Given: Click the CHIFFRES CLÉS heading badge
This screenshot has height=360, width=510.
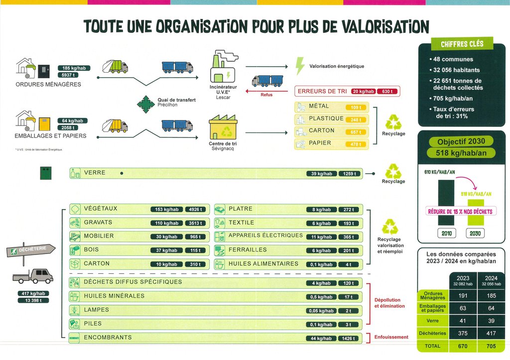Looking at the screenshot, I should [x=462, y=44].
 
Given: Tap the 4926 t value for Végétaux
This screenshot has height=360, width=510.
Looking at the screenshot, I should [x=195, y=210].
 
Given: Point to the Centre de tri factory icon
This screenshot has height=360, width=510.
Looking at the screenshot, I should [x=223, y=127].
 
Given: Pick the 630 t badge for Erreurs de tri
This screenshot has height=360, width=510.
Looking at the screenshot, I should [x=387, y=92].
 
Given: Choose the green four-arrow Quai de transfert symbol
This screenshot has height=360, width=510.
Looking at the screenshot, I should [x=146, y=103].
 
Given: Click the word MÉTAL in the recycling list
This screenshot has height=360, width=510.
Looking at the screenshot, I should [x=319, y=107].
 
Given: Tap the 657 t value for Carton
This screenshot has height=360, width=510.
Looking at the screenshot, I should [x=356, y=132].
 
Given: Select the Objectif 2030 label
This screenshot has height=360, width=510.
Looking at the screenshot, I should [x=461, y=141].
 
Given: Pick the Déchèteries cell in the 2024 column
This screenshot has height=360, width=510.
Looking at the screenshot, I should [x=491, y=333].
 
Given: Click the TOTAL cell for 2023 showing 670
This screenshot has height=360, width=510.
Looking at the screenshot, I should [x=463, y=346].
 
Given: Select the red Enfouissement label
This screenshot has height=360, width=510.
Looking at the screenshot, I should [x=391, y=337].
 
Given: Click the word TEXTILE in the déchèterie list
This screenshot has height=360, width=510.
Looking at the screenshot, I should [x=241, y=223].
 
